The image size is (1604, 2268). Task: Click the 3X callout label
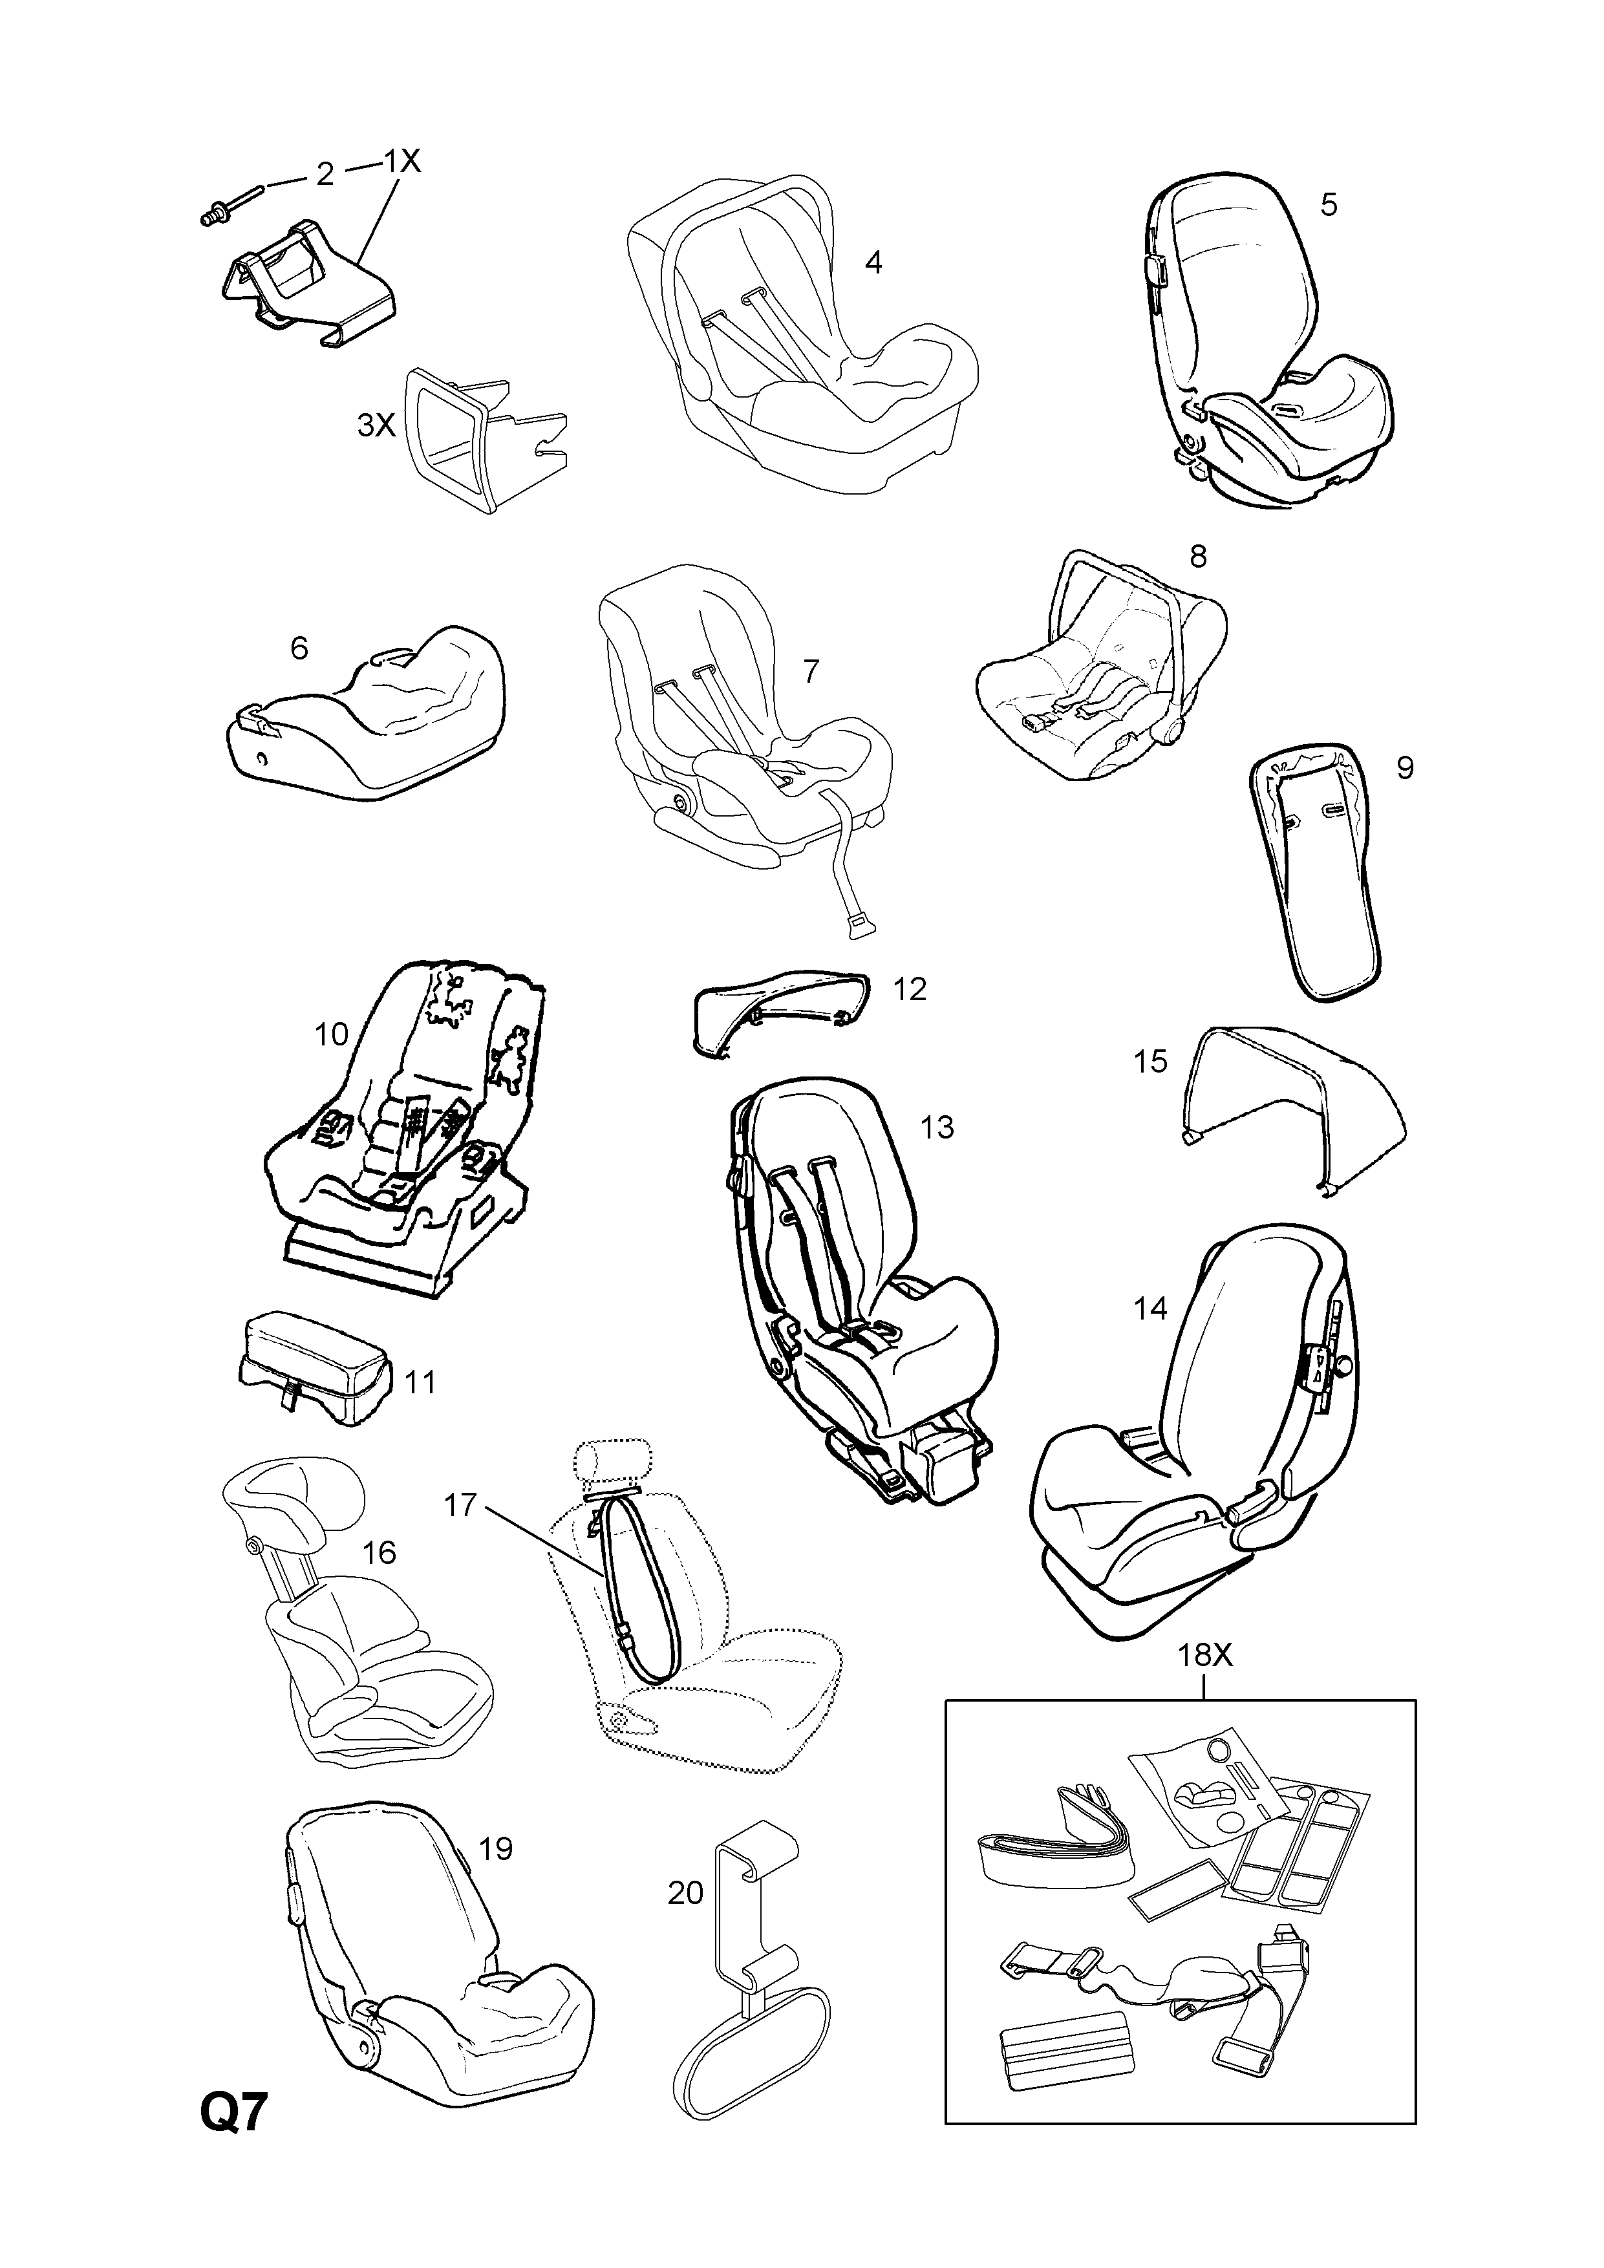(376, 426)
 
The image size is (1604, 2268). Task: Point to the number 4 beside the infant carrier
(873, 262)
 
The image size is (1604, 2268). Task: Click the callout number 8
(1198, 556)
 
